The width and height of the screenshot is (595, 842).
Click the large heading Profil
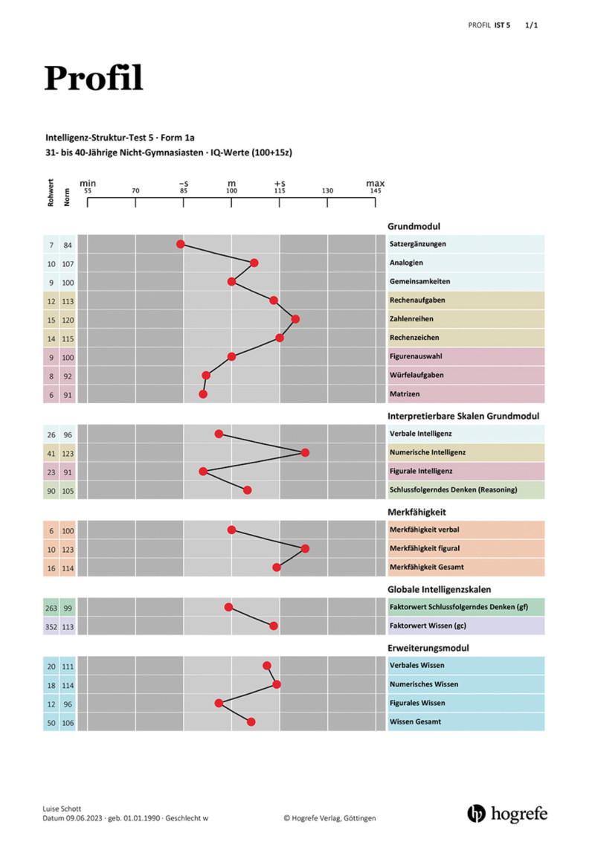pos(93,78)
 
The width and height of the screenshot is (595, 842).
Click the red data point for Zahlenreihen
pos(295,319)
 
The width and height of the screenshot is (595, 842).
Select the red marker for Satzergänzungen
pos(180,244)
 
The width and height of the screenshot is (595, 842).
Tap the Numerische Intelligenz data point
pos(305,452)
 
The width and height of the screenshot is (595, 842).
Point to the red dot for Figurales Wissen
pos(219,703)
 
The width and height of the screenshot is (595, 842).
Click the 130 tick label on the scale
pos(327,191)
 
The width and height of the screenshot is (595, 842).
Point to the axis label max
pos(376,183)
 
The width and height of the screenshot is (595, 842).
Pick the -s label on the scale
pos(184,183)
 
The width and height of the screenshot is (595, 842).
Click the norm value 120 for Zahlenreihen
pos(68,320)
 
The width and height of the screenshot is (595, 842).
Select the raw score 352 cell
pos(51,626)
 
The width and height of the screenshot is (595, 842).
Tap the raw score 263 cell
pos(51,608)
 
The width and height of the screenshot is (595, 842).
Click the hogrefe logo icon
pos(476,813)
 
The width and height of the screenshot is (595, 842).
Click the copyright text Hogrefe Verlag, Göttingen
pos(329,818)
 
